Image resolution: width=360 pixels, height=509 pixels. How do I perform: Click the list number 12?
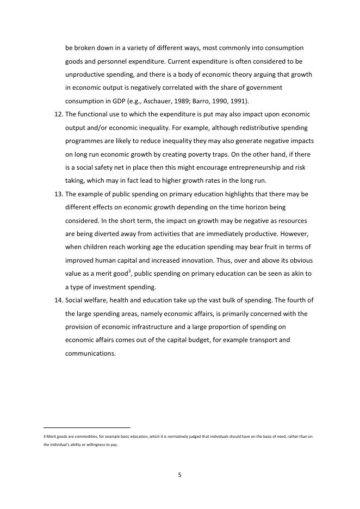pos(58,114)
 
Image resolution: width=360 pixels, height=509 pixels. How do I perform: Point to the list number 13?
pos(58,194)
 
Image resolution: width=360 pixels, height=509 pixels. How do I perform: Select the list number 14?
pos(58,300)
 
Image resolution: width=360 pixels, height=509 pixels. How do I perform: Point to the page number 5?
pos(179,475)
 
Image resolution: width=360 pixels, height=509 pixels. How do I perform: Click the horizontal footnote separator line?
pos(87,427)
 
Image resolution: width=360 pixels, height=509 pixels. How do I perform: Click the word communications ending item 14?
pos(90,353)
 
